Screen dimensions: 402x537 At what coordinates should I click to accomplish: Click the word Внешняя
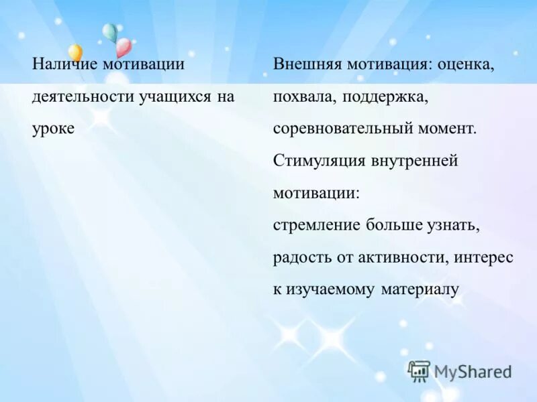pyautogui.click(x=306, y=64)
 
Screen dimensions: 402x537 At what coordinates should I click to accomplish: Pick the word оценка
pyautogui.click(x=466, y=64)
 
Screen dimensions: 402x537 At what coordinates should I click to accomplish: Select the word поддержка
pyautogui.click(x=385, y=96)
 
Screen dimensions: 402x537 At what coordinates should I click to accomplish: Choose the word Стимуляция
pyautogui.click(x=319, y=161)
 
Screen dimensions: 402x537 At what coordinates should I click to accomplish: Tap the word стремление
pyautogui.click(x=317, y=225)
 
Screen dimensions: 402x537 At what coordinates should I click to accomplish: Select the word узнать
pyautogui.click(x=453, y=225)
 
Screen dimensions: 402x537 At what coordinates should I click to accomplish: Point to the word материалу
pyautogui.click(x=420, y=289)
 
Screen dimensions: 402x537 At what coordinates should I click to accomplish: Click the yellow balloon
pyautogui.click(x=75, y=52)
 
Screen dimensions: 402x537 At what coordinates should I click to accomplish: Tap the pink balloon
pyautogui.click(x=124, y=46)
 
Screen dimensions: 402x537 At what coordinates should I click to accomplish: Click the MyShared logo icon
pyautogui.click(x=419, y=371)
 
